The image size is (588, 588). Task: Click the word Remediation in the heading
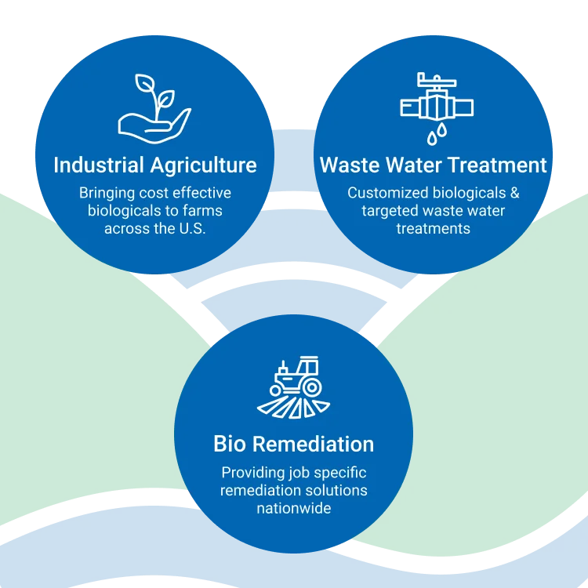[x=312, y=445]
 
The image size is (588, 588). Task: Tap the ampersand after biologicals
[x=514, y=193]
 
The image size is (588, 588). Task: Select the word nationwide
[x=294, y=509]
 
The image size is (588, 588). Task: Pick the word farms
[x=203, y=210]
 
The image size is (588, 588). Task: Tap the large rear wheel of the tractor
[x=310, y=387]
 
